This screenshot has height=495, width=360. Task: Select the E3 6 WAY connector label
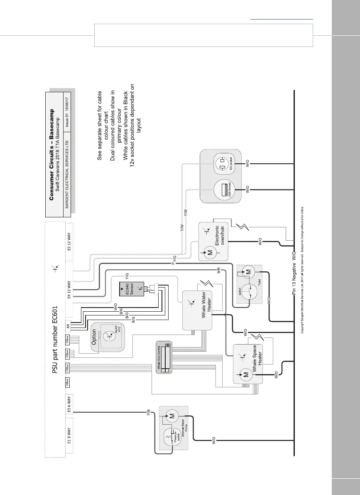tap(71, 405)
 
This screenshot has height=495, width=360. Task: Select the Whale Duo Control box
tap(163, 358)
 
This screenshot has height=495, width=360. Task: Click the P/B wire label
tap(149, 413)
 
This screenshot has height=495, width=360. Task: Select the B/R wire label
tap(218, 271)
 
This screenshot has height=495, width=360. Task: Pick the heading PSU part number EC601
tap(54, 325)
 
